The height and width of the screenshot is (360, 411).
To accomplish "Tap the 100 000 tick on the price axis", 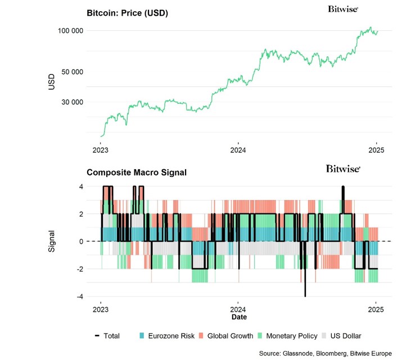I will coord(70,30).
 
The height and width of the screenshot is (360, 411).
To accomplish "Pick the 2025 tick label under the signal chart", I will coord(376,309).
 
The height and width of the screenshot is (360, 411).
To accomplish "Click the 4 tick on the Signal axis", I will coord(81,186).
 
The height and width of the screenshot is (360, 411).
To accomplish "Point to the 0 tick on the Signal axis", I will coord(81,241).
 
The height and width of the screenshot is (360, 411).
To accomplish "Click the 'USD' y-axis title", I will coord(52,81).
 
